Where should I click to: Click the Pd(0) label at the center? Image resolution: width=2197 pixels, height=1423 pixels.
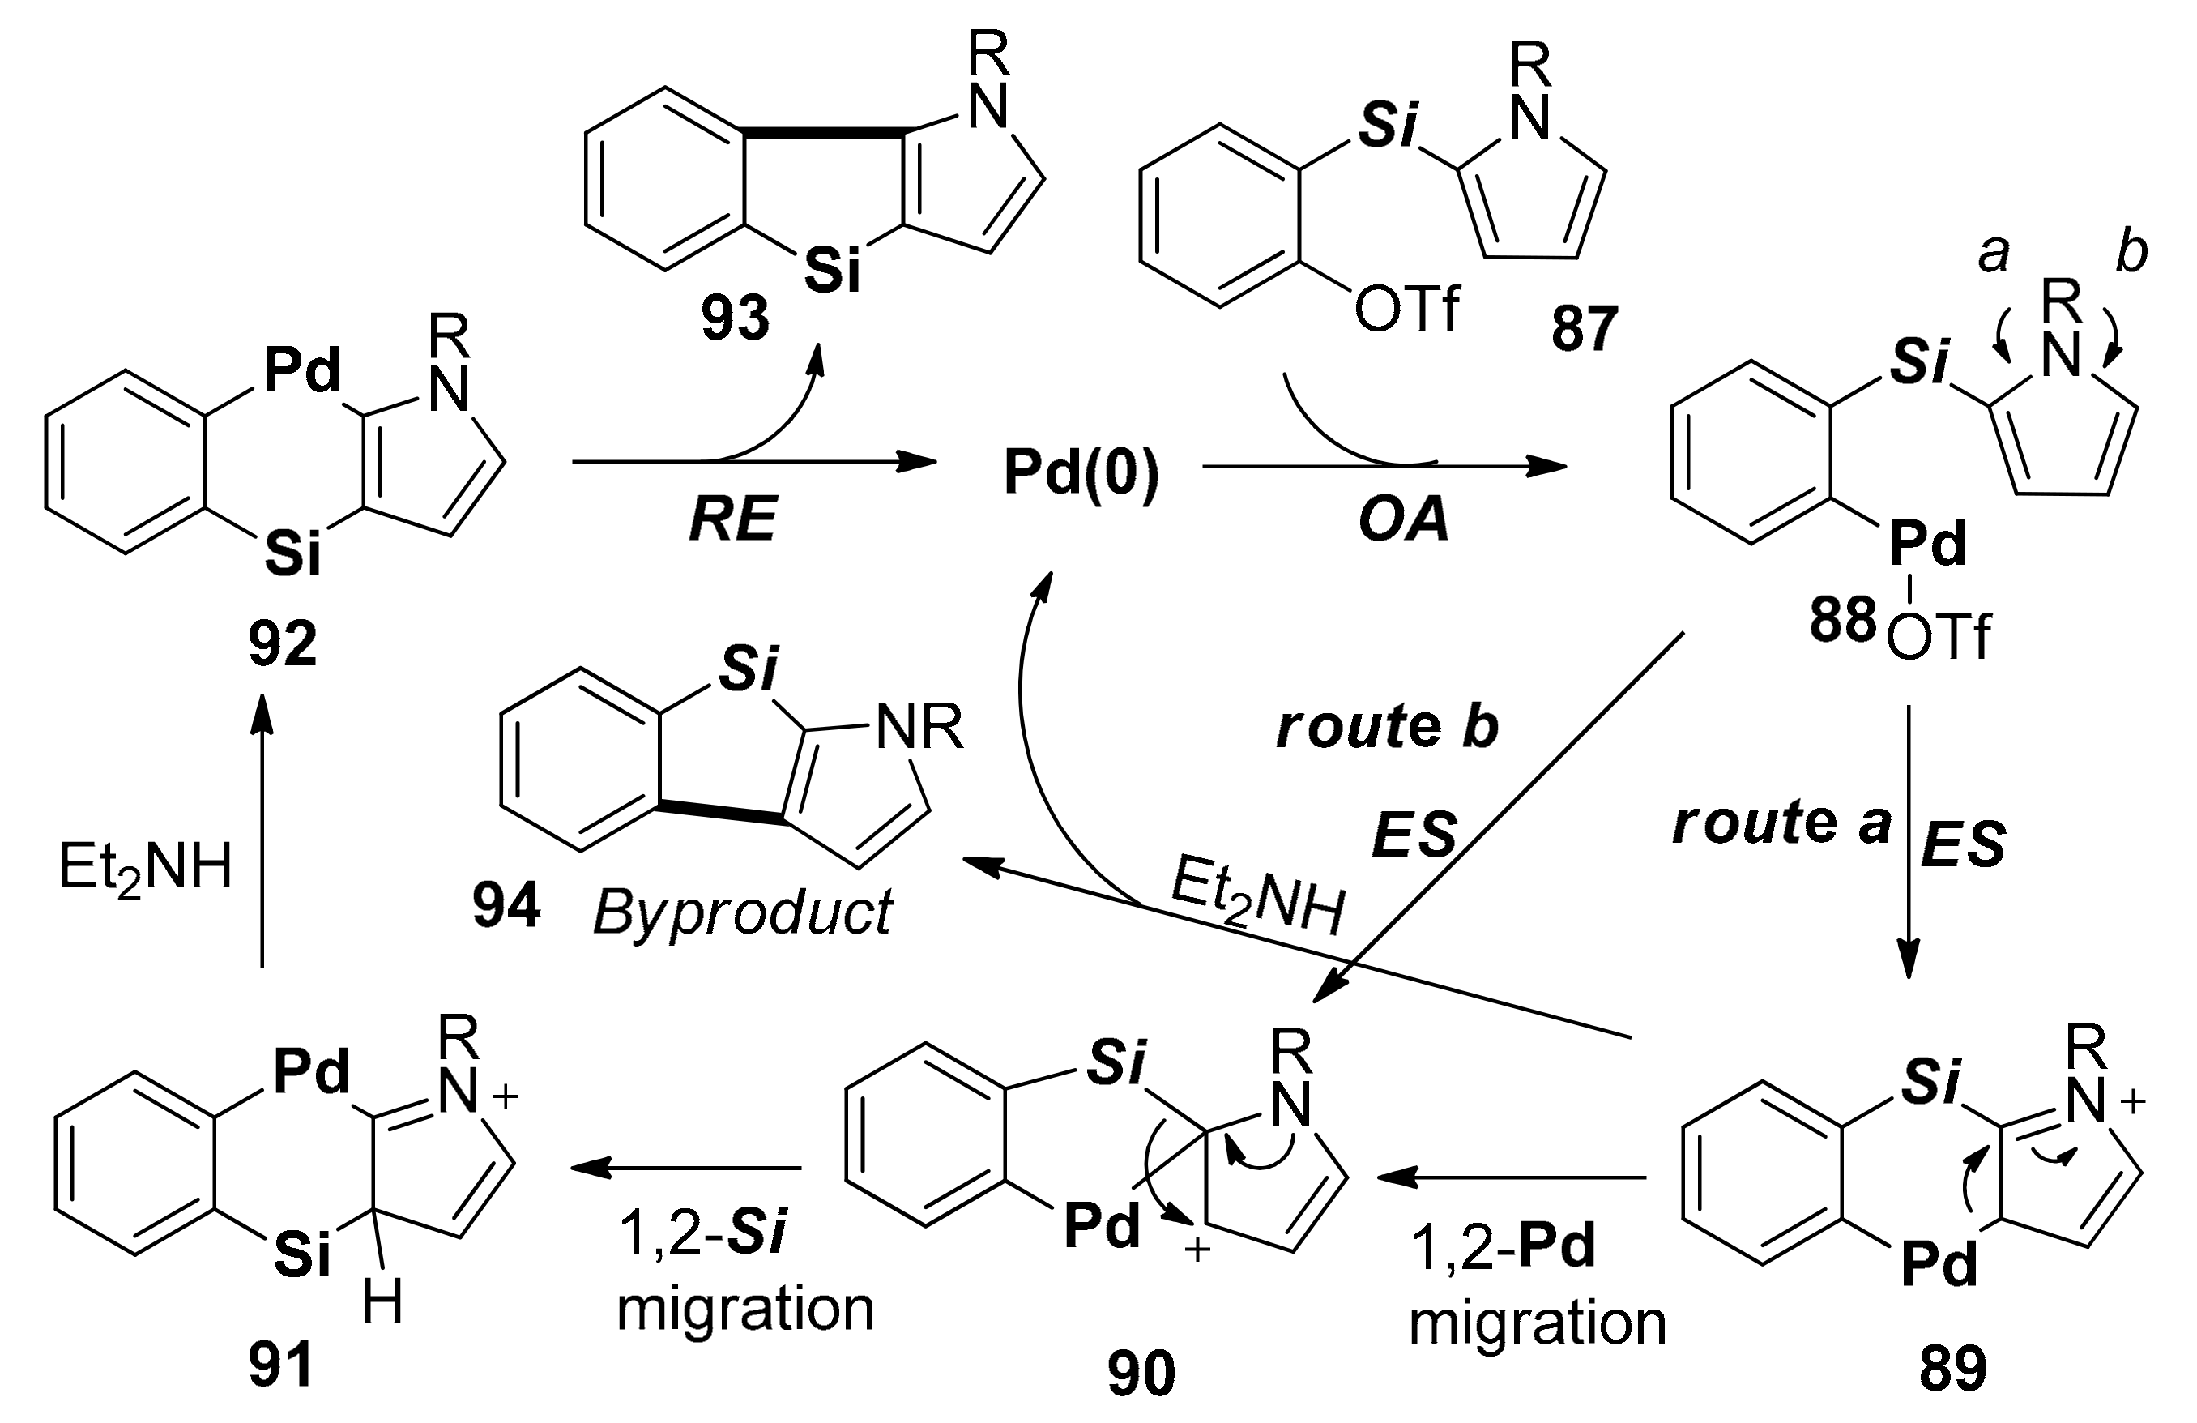pos(1081,475)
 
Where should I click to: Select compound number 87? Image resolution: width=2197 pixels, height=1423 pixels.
pos(1584,329)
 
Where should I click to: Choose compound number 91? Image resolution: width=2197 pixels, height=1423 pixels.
pos(280,1365)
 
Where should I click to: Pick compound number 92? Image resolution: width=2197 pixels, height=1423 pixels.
pos(283,644)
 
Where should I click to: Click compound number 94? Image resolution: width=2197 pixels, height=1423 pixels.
pos(506,908)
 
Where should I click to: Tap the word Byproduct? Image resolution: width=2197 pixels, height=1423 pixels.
pos(742,912)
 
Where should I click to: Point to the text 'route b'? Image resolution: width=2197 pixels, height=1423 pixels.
pos(1387,728)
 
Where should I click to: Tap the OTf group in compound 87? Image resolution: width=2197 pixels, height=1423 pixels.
pos(1407,310)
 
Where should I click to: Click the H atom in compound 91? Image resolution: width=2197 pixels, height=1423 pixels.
pos(382,1305)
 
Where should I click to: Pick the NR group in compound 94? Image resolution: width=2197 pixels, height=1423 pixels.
pos(919,727)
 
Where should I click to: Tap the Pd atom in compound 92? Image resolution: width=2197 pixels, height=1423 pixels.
pos(302,372)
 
